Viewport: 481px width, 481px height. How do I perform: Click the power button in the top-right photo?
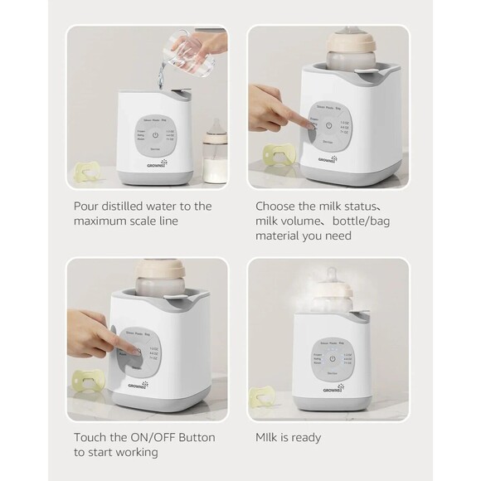pos(329,126)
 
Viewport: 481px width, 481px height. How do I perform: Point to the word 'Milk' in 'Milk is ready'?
pos(266,437)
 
